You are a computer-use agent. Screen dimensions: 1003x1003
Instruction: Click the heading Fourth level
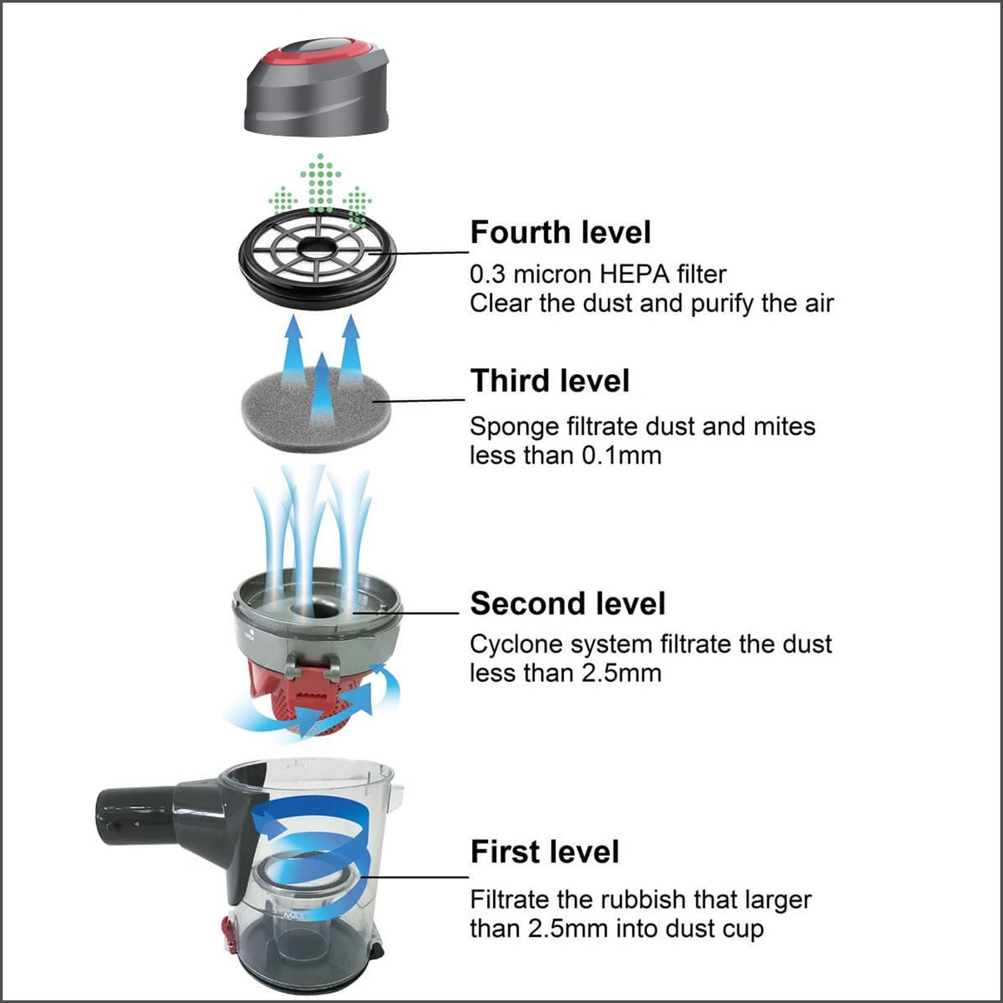point(560,233)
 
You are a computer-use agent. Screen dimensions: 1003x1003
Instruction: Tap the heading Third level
point(550,381)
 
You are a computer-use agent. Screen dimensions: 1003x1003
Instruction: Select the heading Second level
point(567,604)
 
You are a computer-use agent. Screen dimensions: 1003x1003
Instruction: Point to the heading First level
point(544,852)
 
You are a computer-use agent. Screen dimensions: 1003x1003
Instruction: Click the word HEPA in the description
point(634,275)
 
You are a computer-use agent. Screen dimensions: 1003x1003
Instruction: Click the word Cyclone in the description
point(508,645)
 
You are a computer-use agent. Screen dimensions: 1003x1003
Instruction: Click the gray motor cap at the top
point(313,100)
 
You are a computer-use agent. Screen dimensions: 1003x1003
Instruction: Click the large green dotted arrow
point(320,182)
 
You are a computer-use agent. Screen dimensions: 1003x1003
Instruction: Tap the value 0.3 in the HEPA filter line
point(486,275)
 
